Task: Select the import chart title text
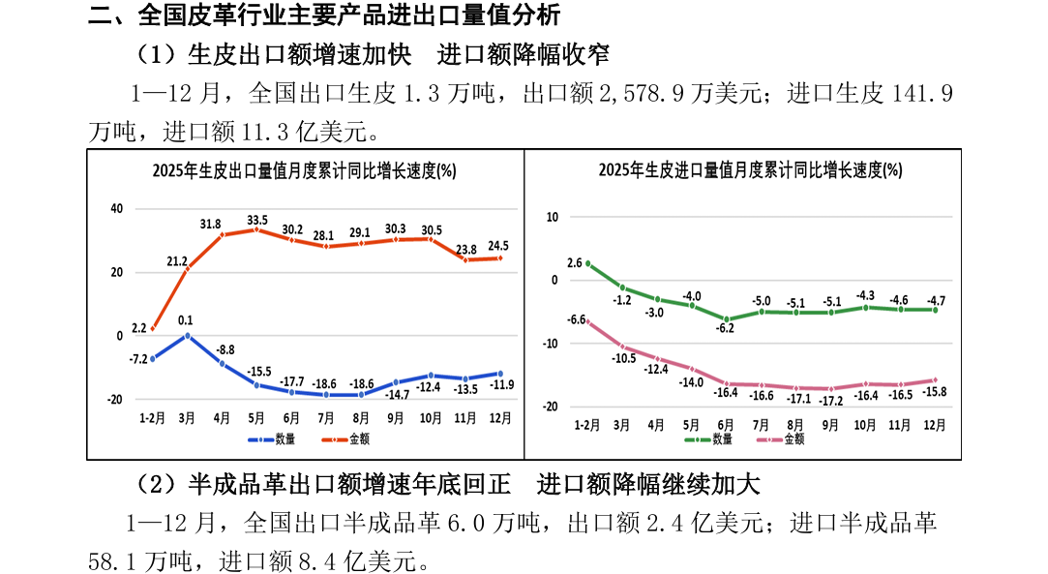[750, 171]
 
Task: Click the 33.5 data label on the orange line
[257, 220]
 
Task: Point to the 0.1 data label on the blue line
[187, 320]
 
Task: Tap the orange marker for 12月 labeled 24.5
[500, 257]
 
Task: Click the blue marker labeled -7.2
[153, 358]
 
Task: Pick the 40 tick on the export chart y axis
[116, 209]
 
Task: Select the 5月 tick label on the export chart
[256, 418]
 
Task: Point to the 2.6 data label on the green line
[574, 263]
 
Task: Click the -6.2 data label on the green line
[726, 329]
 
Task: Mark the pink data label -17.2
[831, 401]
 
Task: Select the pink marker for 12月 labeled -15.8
[935, 380]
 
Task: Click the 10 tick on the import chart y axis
[553, 217]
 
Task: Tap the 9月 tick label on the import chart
[831, 425]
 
